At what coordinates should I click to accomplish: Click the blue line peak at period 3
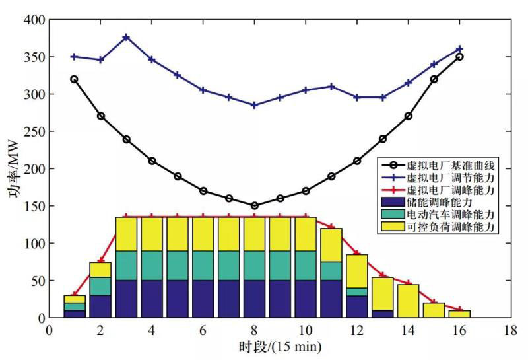126,38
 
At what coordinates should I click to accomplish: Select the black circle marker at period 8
255,205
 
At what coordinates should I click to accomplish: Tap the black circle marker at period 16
460,57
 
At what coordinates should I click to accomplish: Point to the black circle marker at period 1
74,79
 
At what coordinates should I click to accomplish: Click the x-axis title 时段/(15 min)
280,346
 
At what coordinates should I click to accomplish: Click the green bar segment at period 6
203,266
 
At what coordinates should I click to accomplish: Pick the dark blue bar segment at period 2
100,306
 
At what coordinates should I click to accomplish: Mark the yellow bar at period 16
460,314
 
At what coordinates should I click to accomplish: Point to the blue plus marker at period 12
357,98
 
